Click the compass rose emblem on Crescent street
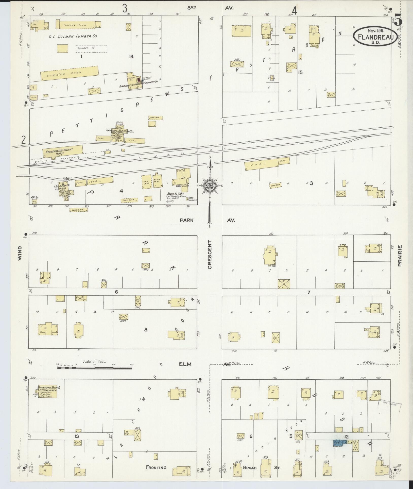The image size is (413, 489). [x=210, y=186]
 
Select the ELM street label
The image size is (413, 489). [x=185, y=364]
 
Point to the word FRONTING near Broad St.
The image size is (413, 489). [x=156, y=467]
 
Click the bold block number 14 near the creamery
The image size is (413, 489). [x=131, y=57]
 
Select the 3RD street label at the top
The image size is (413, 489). [x=192, y=8]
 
